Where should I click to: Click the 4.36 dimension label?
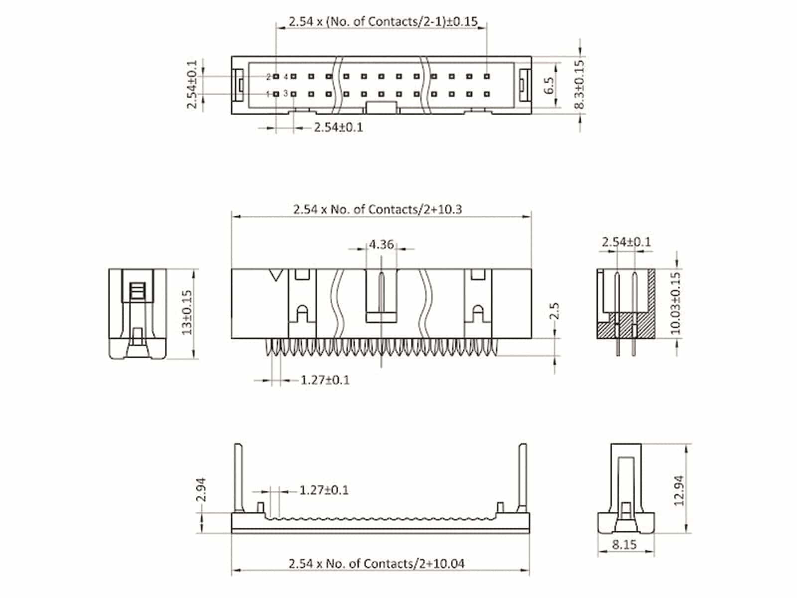[381, 245]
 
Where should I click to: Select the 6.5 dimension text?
[549, 85]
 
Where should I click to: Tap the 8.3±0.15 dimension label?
[579, 85]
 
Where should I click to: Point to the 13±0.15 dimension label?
[187, 312]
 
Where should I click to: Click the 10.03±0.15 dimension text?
[675, 303]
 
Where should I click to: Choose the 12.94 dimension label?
[679, 491]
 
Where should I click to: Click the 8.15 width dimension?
[624, 544]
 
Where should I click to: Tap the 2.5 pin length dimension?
[555, 311]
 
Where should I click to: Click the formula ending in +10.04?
[377, 564]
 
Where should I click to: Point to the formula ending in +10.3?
[377, 209]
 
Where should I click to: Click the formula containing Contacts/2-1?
[383, 22]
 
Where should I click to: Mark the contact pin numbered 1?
[276, 94]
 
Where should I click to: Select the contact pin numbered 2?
[276, 77]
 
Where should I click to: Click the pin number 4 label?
[285, 77]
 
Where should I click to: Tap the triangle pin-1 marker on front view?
[275, 275]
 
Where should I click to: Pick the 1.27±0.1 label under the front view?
[325, 380]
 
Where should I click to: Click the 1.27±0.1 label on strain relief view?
[324, 490]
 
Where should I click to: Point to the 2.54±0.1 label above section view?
[626, 242]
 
